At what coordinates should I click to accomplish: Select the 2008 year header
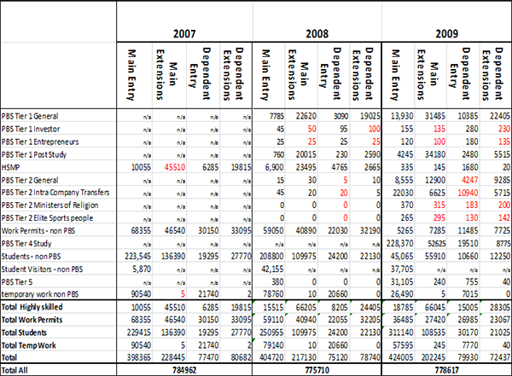coord(319,35)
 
